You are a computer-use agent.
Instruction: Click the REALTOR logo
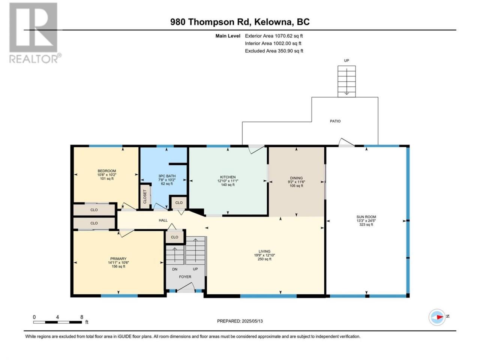click(34, 33)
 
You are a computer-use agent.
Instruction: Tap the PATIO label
click(335, 121)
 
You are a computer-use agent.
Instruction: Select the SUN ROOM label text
click(366, 217)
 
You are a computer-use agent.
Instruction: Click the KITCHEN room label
click(228, 177)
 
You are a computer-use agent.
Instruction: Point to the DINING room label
click(296, 178)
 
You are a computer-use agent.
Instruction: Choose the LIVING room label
click(264, 251)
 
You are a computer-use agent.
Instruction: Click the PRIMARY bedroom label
click(118, 259)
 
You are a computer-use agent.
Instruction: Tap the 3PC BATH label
click(167, 176)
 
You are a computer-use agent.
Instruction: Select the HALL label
click(163, 220)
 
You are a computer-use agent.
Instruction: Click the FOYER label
click(185, 277)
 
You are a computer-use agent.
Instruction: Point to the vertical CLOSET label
click(145, 196)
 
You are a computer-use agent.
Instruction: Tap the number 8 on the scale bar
click(82, 317)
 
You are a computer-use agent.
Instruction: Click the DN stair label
click(175, 269)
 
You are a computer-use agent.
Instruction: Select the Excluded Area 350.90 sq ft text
click(274, 51)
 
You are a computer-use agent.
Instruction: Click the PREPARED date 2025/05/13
click(252, 321)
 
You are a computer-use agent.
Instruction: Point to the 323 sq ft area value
click(366, 225)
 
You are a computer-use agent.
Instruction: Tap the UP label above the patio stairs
click(346, 60)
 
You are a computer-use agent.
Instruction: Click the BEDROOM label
click(107, 171)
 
